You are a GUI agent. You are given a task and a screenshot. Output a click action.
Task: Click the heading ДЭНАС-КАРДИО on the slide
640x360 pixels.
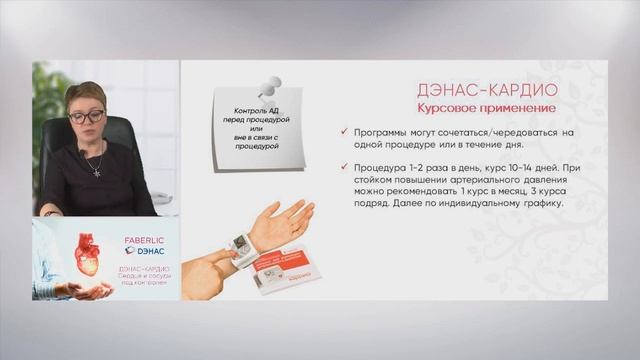click(x=486, y=90)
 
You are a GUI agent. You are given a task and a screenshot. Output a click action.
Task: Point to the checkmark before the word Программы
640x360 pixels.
click(x=345, y=132)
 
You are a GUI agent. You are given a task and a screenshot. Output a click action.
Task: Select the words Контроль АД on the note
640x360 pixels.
click(x=252, y=111)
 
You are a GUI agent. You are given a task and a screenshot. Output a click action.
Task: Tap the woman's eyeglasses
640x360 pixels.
click(x=86, y=117)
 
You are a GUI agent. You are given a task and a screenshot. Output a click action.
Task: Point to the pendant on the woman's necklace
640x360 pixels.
click(x=96, y=171)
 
